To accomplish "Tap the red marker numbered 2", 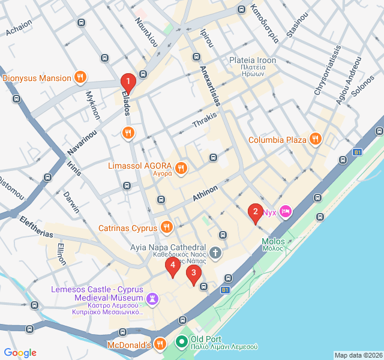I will click(x=256, y=212).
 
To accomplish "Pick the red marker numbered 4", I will click(x=173, y=265).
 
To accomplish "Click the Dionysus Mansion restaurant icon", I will click(x=79, y=77).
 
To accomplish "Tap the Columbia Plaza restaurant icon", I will click(x=316, y=140).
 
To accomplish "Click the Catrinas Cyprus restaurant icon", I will click(x=167, y=227).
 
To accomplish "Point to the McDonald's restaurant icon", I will click(x=160, y=344).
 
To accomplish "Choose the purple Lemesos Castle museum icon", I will click(x=153, y=298).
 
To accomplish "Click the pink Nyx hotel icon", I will click(x=286, y=211).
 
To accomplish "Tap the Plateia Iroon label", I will click(x=253, y=61).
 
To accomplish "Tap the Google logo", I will click(x=20, y=353).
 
